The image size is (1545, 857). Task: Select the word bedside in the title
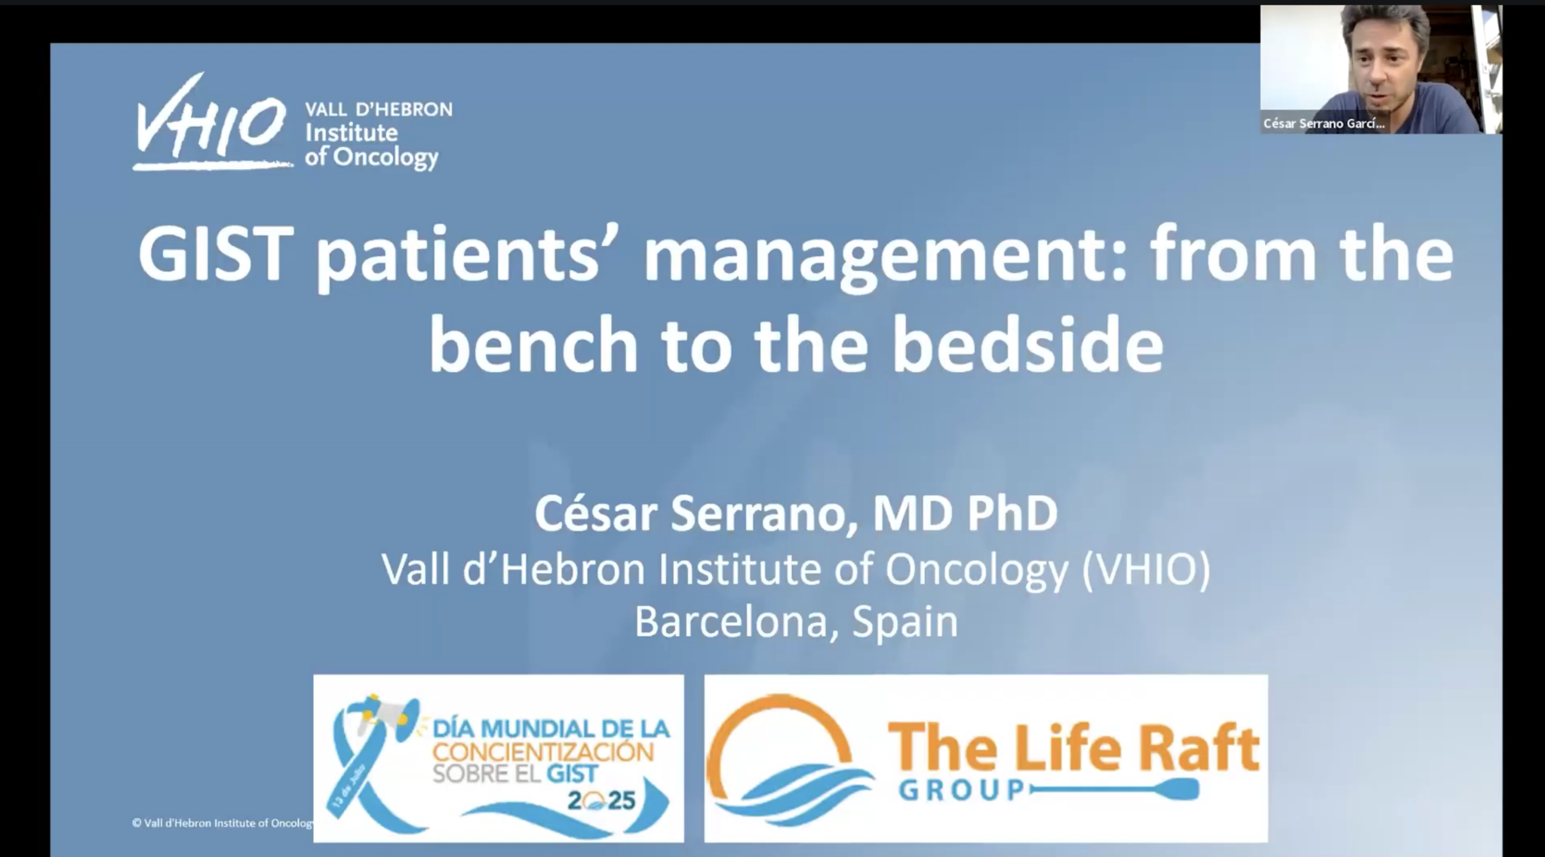1027,345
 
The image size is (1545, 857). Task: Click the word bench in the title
534,345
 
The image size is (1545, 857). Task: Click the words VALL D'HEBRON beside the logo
379,109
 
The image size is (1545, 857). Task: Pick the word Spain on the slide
905,623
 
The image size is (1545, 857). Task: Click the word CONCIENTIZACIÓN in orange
543,751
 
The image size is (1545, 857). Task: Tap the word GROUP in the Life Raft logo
962,790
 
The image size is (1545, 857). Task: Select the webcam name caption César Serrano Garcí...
1324,124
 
